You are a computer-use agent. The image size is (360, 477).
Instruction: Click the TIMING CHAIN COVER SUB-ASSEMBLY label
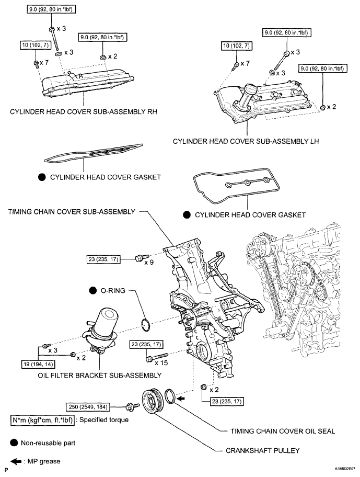tap(71, 211)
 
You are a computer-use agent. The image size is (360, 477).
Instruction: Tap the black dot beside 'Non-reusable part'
tap(14, 442)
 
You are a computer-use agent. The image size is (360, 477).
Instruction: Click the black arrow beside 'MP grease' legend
tap(15, 461)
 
